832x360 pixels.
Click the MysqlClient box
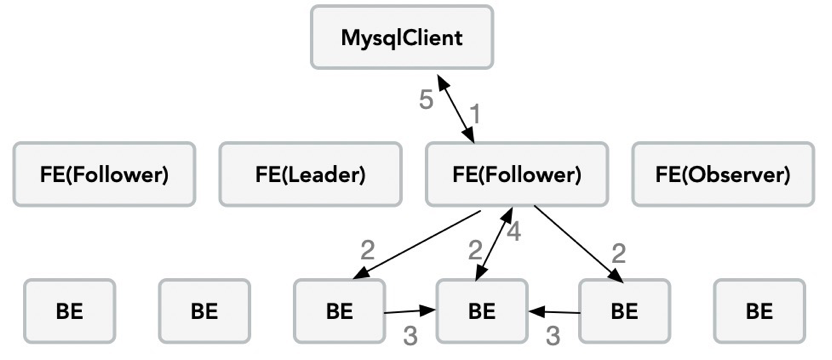pos(402,37)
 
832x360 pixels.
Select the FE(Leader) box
pos(310,174)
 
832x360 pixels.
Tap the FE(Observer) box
pos(723,174)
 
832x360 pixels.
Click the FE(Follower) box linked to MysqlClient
pos(517,174)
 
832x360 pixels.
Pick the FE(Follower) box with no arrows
pos(104,174)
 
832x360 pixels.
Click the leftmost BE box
pos(70,311)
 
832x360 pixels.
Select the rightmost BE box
pos(759,311)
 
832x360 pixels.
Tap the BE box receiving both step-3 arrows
pos(482,311)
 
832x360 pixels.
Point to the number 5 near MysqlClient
pos(426,100)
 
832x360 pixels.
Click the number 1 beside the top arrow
pos(475,114)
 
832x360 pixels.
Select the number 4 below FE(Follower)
pos(514,232)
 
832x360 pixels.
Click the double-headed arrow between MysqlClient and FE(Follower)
pos(455,109)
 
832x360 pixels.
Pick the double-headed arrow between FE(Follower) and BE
pos(495,244)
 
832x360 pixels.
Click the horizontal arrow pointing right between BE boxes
pos(410,311)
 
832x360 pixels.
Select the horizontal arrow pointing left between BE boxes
pos(553,312)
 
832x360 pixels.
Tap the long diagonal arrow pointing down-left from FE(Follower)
pos(417,245)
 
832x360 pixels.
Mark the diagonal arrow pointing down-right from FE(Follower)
pos(579,244)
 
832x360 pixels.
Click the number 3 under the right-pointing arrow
pos(410,336)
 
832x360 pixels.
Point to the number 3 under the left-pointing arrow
pos(553,336)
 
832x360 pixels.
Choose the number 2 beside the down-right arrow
pos(619,254)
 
